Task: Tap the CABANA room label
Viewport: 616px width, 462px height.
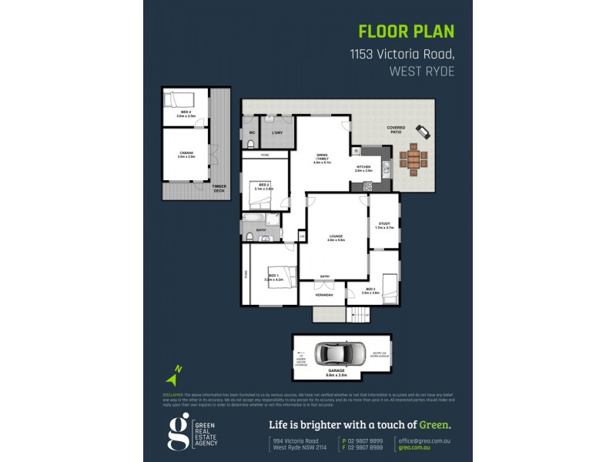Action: (186, 153)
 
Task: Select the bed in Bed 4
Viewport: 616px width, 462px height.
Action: (178, 99)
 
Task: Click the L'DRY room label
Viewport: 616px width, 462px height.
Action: (276, 132)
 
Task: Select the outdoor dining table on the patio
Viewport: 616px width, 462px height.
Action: (413, 159)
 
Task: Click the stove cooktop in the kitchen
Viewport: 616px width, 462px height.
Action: (367, 186)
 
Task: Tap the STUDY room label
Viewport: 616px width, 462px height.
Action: (384, 225)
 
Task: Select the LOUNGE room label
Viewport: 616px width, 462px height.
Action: (335, 237)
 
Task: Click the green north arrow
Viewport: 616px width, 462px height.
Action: (174, 377)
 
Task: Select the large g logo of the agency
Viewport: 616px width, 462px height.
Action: (178, 432)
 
